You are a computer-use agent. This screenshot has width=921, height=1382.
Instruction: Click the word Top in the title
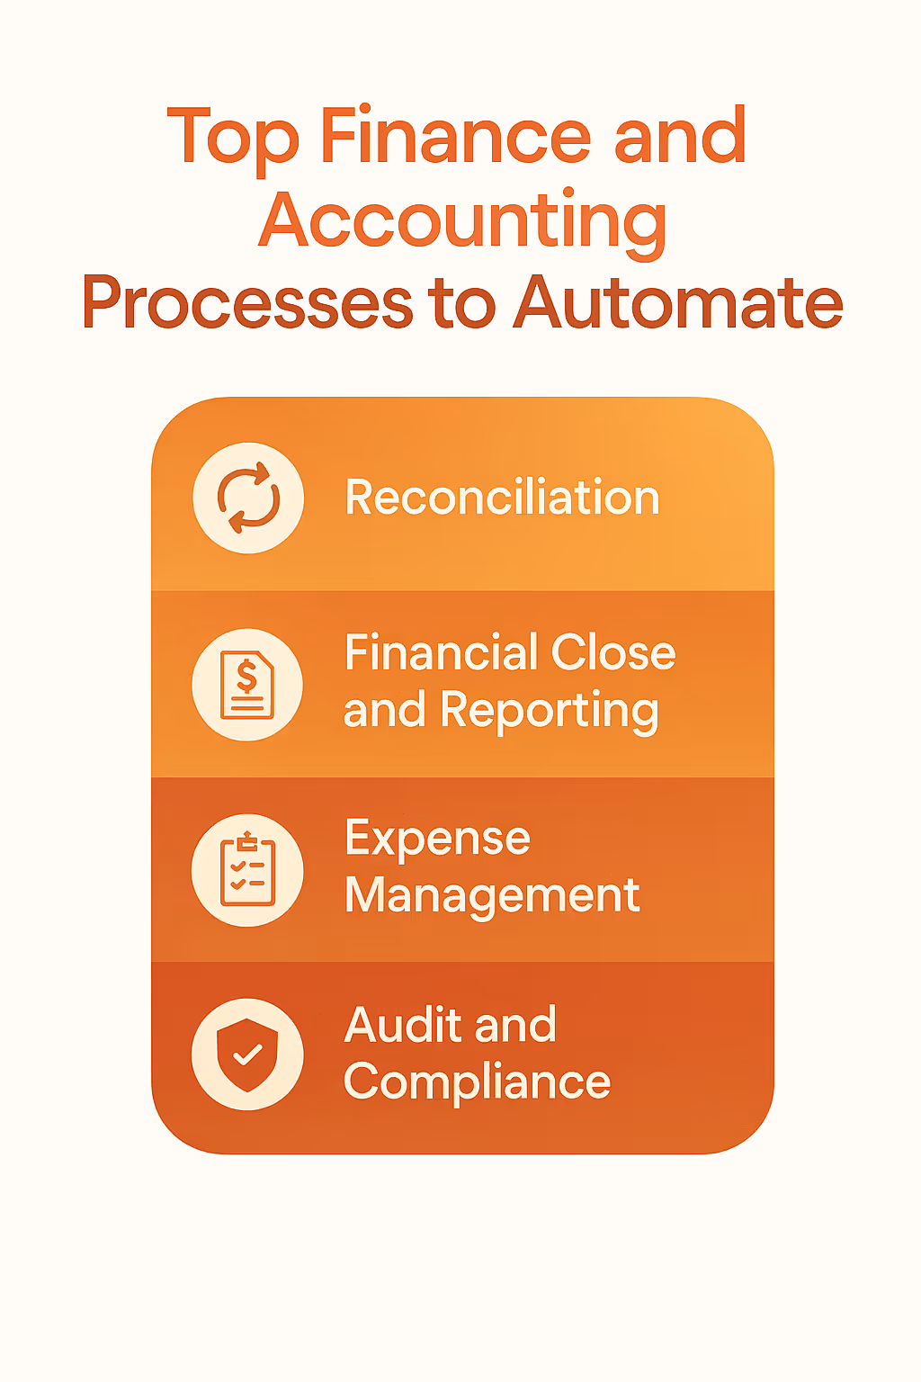[232, 138]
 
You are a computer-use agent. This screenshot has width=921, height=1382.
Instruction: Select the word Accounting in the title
[462, 221]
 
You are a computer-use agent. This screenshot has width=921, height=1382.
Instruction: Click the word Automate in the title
[678, 302]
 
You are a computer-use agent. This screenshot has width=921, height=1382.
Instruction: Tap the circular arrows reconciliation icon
[248, 498]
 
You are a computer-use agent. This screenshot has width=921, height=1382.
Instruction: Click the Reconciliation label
[502, 498]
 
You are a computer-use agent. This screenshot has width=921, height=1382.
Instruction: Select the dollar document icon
[247, 684]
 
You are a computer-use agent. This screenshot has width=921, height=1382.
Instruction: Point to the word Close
[613, 652]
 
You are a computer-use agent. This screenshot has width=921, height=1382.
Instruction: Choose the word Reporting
[550, 712]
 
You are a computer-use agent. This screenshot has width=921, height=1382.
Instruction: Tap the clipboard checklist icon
[247, 870]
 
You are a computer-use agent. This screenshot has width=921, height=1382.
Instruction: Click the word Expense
[437, 839]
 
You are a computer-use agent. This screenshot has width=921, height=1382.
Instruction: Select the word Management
[492, 896]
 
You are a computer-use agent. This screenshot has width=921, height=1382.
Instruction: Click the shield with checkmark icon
[247, 1054]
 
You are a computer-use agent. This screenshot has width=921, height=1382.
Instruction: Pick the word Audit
[402, 1025]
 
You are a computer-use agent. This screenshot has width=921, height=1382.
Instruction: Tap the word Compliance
[477, 1082]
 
